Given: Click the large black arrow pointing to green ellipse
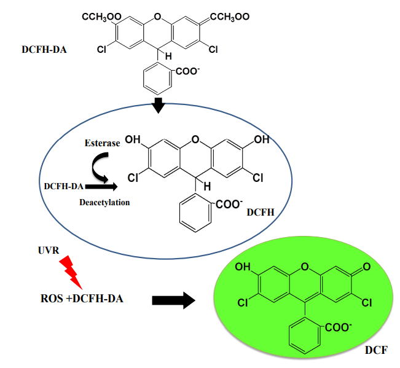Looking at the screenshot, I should [173, 300].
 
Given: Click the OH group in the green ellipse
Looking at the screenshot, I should [242, 268].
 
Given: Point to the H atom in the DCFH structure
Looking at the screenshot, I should [207, 184].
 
